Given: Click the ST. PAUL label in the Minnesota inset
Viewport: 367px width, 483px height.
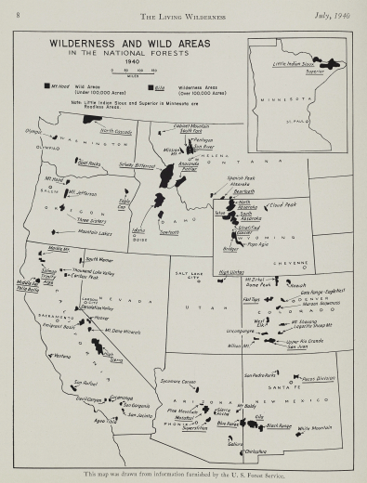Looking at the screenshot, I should tap(322, 119).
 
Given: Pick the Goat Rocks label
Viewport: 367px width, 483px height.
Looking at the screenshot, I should tap(89, 163).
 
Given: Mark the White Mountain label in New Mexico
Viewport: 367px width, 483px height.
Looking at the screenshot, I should tap(314, 428).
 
